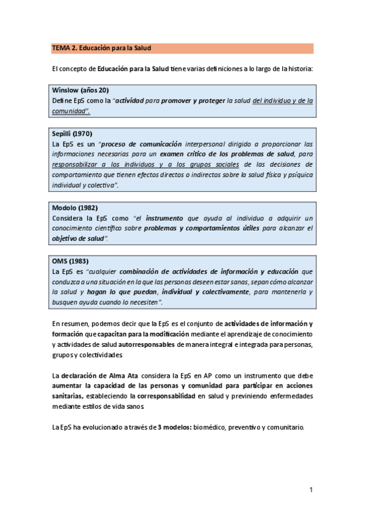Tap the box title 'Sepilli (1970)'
[73, 134]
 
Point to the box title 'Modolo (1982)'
[75, 207]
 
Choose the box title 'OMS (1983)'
[70, 261]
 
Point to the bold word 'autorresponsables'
[147, 344]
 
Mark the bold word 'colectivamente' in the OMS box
[222, 292]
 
